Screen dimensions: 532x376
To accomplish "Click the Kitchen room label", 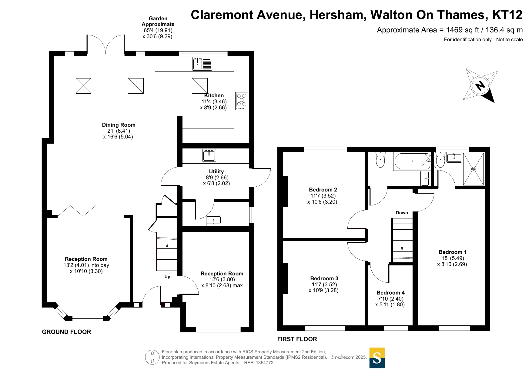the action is click(x=214, y=95).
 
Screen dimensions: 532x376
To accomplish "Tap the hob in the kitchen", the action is click(x=242, y=101).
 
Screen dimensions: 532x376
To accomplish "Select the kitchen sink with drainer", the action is click(x=202, y=64).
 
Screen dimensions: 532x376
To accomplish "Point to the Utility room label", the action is click(x=216, y=171).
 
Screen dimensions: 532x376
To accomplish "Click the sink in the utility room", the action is click(x=209, y=155).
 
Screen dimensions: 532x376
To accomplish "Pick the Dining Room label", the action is click(x=119, y=125).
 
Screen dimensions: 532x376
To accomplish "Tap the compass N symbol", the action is click(x=480, y=86).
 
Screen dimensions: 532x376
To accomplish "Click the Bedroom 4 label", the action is click(x=390, y=293).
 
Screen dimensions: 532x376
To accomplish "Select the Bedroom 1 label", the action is click(x=453, y=252).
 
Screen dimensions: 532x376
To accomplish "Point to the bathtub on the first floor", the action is click(x=412, y=161).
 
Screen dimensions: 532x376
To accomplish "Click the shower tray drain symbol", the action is click(x=473, y=169).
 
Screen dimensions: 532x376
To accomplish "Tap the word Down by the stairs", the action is click(x=402, y=213).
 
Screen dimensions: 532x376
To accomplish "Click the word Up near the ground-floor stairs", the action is click(x=167, y=277).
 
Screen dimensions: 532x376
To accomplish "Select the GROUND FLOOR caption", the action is click(x=66, y=332).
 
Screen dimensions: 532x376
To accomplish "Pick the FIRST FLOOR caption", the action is click(x=297, y=339).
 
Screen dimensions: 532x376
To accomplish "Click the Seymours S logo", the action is click(x=377, y=358).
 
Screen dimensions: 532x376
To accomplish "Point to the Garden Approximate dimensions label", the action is click(x=158, y=27).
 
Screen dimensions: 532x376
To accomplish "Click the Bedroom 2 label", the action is click(x=323, y=190).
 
